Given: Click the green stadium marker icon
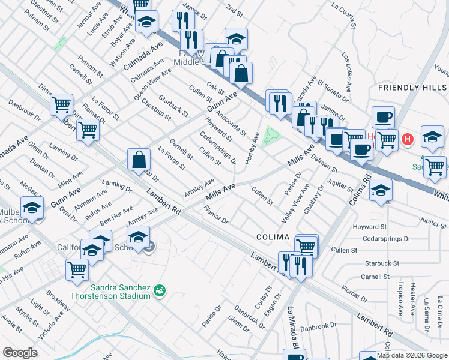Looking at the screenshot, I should tap(160, 290).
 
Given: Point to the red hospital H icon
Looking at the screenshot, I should tap(408, 140).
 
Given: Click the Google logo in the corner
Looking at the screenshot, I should tap(20, 353).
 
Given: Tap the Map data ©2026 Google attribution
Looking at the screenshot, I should tap(412, 355).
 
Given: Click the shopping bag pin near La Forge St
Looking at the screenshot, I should tap(139, 160).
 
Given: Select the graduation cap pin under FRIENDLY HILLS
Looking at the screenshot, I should tap(432, 137).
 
